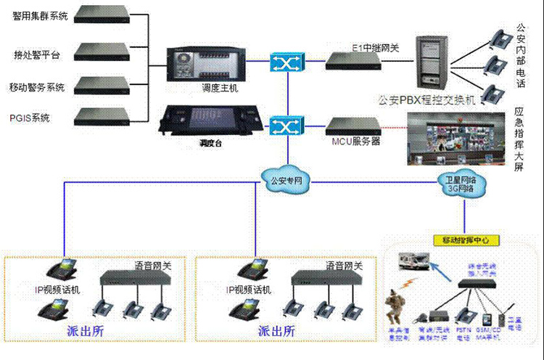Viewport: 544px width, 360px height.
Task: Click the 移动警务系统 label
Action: [x=38, y=88]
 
